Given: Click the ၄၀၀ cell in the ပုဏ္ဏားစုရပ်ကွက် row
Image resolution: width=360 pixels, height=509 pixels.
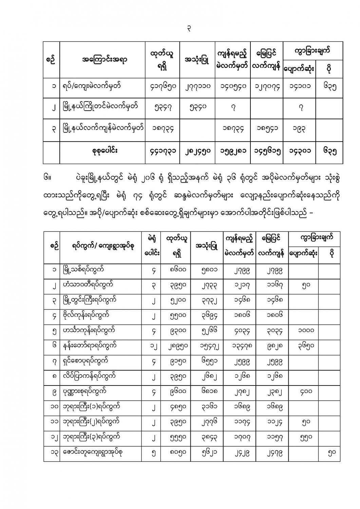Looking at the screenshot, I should tap(303, 391).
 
